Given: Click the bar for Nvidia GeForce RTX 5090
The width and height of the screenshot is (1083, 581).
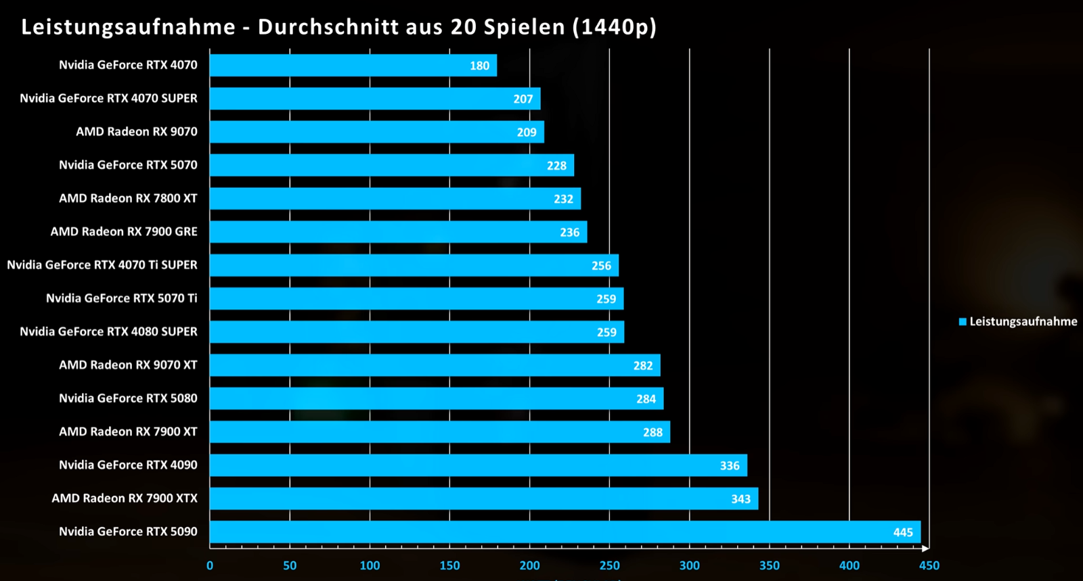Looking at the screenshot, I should click(565, 532).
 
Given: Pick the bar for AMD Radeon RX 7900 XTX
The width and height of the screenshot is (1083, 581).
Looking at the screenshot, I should click(484, 498).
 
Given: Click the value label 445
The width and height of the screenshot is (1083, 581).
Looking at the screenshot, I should click(903, 532).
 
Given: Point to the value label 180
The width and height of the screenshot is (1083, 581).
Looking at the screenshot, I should click(479, 66).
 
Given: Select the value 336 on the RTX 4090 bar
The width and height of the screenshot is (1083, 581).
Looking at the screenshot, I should click(730, 465).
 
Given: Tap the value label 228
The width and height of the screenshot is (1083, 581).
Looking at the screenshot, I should click(556, 166).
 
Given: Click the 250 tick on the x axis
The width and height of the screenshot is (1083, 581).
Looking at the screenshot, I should click(609, 565).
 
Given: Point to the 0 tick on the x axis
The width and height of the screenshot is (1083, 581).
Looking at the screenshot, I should click(210, 565).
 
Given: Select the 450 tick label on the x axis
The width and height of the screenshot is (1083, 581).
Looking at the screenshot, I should click(929, 565).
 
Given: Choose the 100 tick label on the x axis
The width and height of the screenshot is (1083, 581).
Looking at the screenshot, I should click(370, 565).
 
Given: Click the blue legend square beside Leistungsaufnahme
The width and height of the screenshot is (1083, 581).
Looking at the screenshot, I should click(963, 322).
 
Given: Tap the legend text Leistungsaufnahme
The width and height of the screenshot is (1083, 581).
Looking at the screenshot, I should click(1023, 322).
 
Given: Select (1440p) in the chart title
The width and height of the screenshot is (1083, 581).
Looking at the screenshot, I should click(614, 27).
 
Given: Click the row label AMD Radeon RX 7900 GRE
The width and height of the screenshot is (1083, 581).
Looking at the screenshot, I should click(124, 232).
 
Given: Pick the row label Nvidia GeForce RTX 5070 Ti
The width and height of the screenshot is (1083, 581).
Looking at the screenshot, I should click(122, 298).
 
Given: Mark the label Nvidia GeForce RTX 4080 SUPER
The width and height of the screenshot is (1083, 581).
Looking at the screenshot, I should click(108, 331).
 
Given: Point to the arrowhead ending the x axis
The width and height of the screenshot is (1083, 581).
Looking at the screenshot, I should click(925, 548).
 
